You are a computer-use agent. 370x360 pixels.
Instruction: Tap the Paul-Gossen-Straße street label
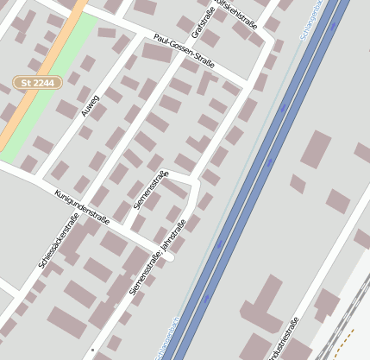click(183, 51)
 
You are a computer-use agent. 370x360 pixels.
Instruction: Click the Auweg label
click(90, 106)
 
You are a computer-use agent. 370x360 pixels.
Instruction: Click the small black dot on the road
click(92, 350)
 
